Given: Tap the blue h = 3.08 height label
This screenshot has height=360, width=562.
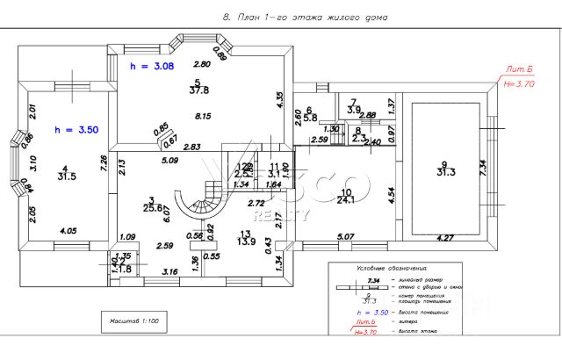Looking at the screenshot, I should (x=146, y=67).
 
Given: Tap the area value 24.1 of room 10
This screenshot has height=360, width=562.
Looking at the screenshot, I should (x=346, y=200).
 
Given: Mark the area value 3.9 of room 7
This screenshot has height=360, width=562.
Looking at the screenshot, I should (x=354, y=110).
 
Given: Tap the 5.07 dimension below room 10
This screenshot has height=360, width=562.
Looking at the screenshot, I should (x=344, y=235).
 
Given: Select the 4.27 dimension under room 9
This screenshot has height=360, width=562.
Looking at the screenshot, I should (x=446, y=237).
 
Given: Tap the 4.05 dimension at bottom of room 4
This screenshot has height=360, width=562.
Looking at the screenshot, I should (x=68, y=230).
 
